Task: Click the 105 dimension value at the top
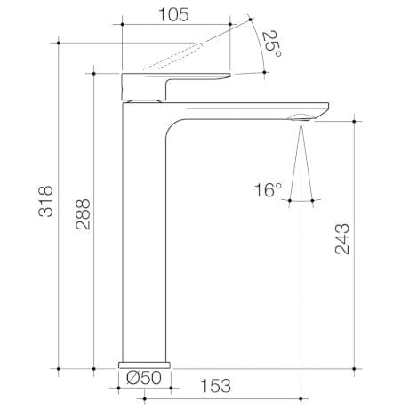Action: (176, 13)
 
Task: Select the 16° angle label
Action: (267, 189)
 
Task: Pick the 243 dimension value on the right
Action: (343, 239)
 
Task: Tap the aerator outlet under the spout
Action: (303, 116)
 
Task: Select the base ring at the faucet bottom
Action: (143, 363)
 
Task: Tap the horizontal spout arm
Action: (240, 108)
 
